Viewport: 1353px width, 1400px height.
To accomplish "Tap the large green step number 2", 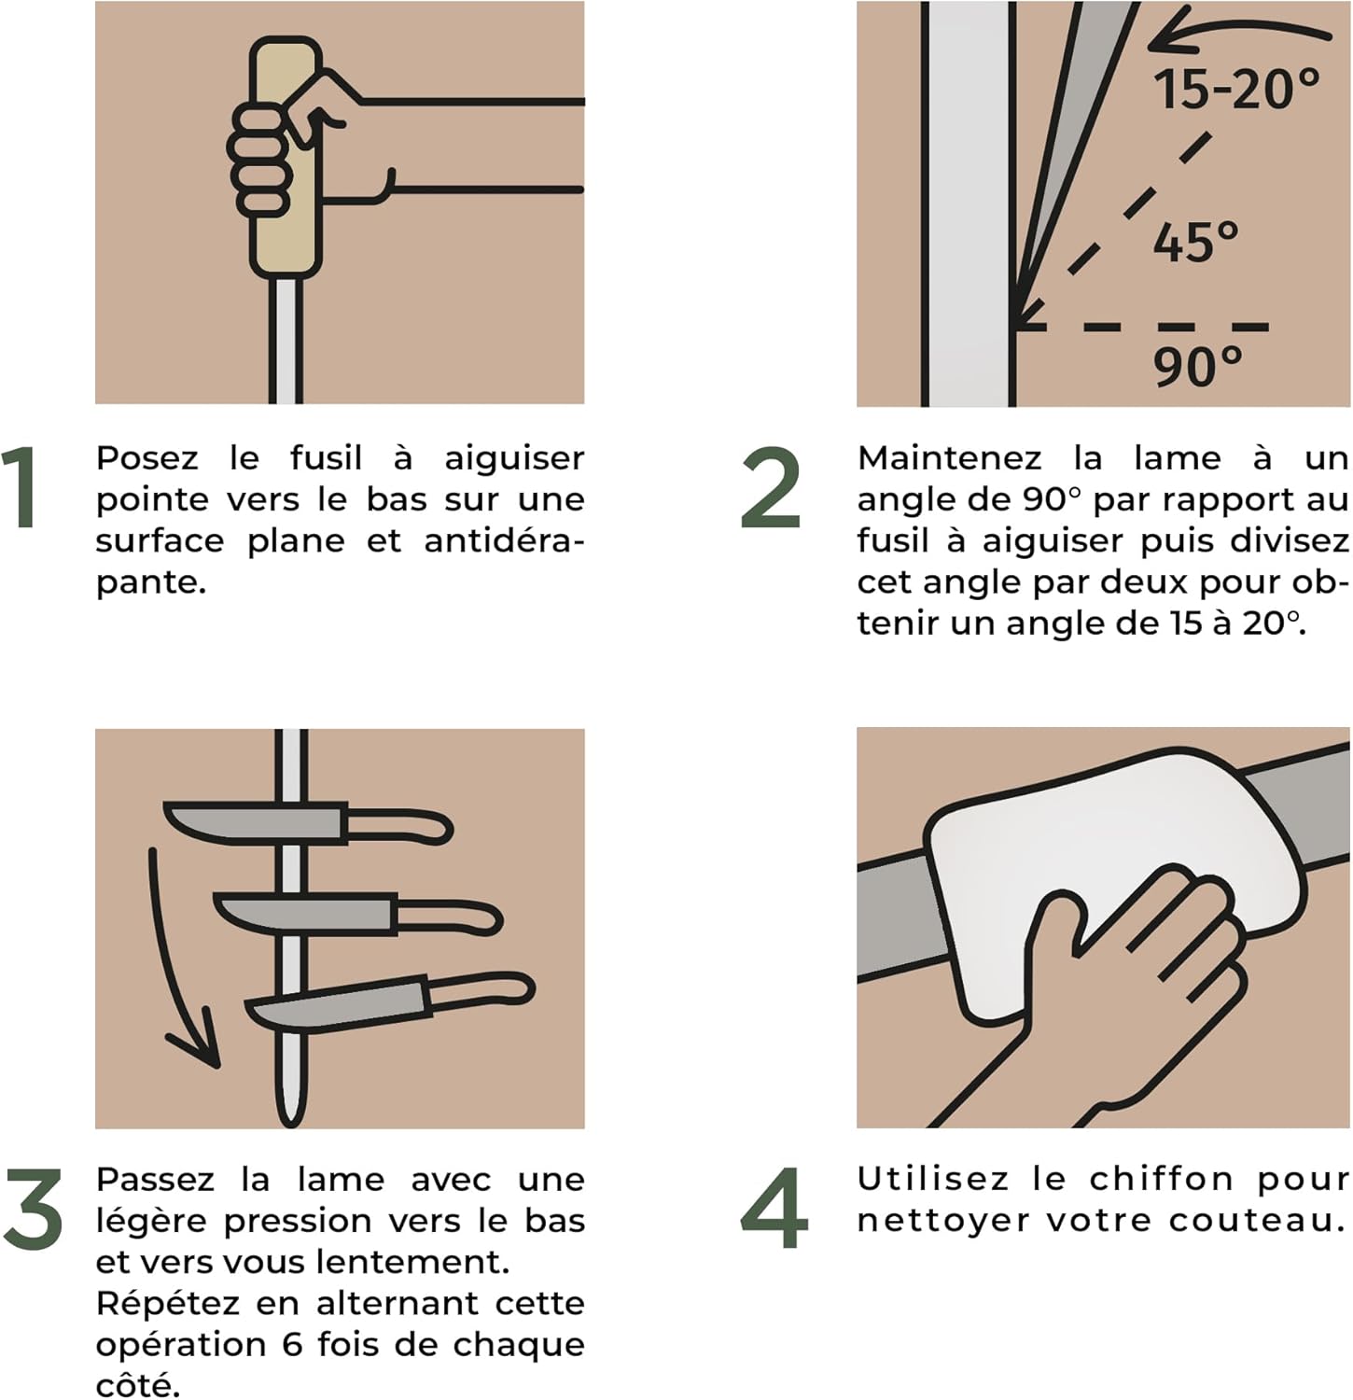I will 771,487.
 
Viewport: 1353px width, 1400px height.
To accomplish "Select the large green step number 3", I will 33,1209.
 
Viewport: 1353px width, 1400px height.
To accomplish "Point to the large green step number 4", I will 774,1209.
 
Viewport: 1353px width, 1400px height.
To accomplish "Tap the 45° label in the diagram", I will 1195,242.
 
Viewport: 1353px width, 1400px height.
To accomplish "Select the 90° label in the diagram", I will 1198,367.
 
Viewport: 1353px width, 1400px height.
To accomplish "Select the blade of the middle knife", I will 303,913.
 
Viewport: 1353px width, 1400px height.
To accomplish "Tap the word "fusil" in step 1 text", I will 325,458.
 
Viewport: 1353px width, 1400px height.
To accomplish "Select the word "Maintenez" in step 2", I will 949,458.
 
